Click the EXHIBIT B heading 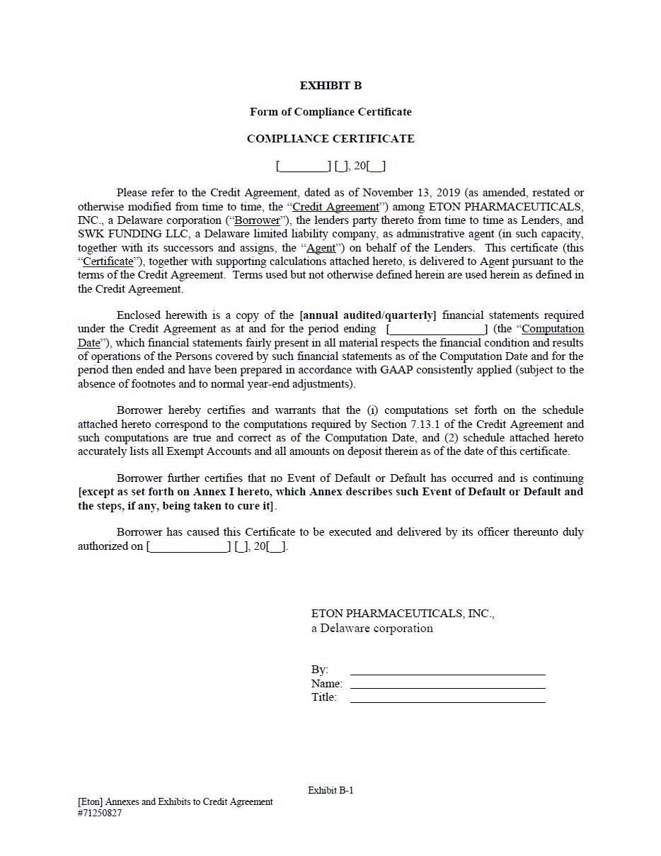pyautogui.click(x=330, y=86)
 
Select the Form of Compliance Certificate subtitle pyautogui.click(x=330, y=112)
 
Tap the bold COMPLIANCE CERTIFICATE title pyautogui.click(x=330, y=139)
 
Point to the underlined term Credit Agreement pyautogui.click(x=335, y=207)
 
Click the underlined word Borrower pyautogui.click(x=257, y=220)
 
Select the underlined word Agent pyautogui.click(x=321, y=248)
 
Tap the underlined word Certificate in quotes pyautogui.click(x=108, y=261)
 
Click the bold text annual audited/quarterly pyautogui.click(x=368, y=315)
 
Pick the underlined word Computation pyautogui.click(x=553, y=329)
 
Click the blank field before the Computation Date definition pyautogui.click(x=437, y=330)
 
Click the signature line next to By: pyautogui.click(x=447, y=670)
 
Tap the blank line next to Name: pyautogui.click(x=447, y=685)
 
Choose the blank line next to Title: pyautogui.click(x=447, y=698)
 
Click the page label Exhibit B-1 pyautogui.click(x=330, y=790)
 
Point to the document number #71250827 pyautogui.click(x=100, y=813)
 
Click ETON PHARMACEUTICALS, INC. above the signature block pyautogui.click(x=403, y=614)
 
